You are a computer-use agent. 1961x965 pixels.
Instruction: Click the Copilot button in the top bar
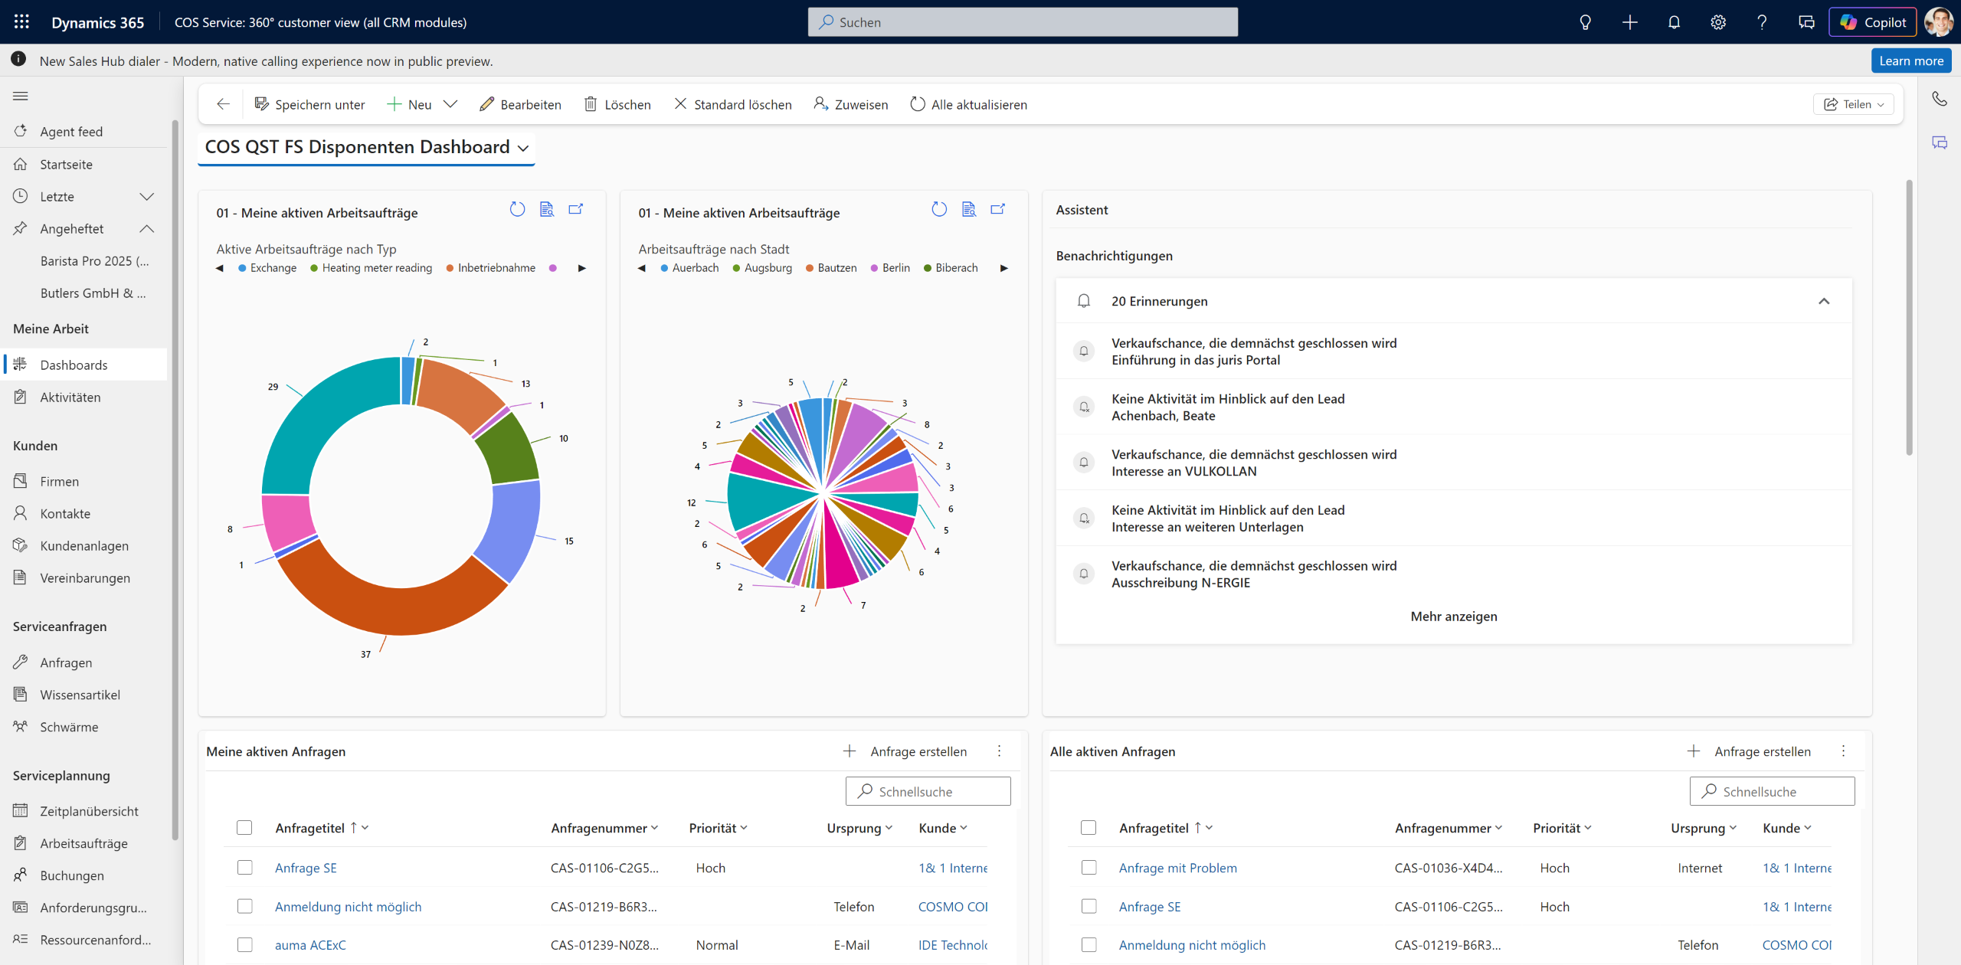[x=1872, y=22]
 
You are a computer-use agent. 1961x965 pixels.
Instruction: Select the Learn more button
[x=1910, y=61]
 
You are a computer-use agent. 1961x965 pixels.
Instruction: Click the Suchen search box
[x=1023, y=22]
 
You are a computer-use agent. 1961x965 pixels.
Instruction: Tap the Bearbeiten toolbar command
[x=521, y=104]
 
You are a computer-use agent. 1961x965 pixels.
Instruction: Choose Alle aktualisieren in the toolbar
[x=969, y=104]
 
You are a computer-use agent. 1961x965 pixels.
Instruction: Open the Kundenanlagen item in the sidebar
[x=84, y=545]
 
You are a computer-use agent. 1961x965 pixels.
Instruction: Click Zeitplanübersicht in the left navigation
[x=89, y=810]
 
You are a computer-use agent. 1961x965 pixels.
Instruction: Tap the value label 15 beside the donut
[x=569, y=541]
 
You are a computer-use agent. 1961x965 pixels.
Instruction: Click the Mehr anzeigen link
[x=1453, y=617]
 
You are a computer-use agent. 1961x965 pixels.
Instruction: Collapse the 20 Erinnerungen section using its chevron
[x=1824, y=301]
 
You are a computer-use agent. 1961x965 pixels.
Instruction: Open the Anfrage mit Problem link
[x=1177, y=868]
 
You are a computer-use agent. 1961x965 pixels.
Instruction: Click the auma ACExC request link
[x=310, y=945]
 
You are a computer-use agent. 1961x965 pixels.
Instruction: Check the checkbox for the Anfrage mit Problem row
[x=1089, y=868]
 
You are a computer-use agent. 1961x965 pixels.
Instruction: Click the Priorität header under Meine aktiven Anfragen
[x=718, y=828]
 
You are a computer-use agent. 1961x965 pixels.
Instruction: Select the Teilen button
[x=1853, y=104]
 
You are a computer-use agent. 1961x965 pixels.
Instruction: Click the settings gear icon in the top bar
[x=1718, y=22]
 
